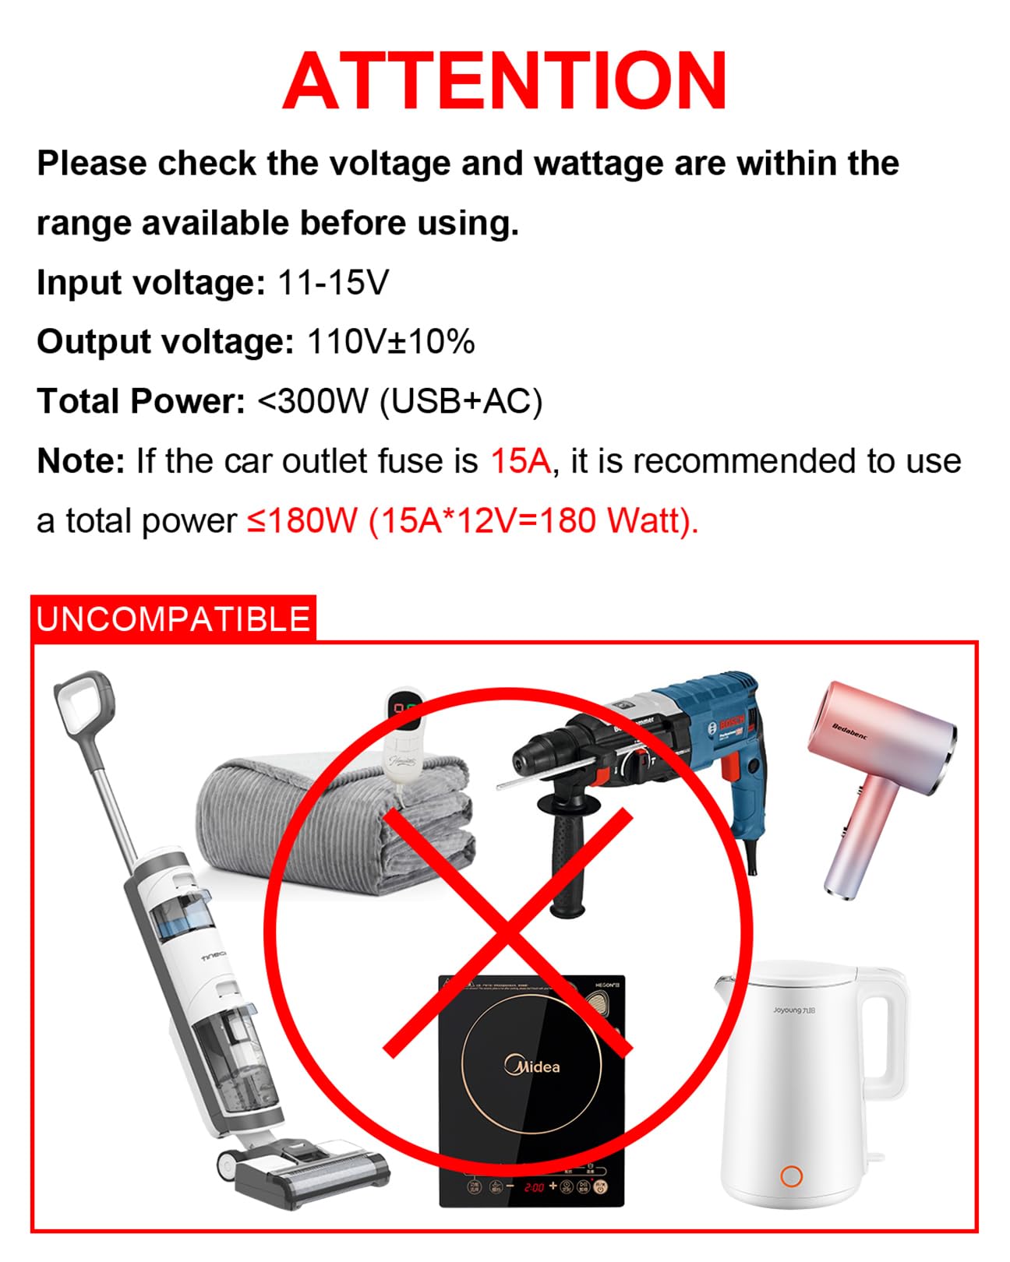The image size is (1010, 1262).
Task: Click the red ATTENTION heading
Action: tap(505, 81)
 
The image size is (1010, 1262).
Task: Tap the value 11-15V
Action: tap(333, 282)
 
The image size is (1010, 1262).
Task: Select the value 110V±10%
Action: tap(391, 342)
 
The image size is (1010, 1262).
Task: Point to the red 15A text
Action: tap(521, 461)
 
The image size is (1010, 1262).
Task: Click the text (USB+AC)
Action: tap(461, 402)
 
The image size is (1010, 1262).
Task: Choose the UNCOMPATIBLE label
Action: tap(173, 619)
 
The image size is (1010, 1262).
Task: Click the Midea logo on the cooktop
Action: tap(532, 1066)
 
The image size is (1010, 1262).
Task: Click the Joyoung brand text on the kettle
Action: tap(793, 1010)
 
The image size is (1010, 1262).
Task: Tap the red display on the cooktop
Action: tap(534, 1187)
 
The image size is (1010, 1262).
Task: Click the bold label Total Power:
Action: tap(141, 402)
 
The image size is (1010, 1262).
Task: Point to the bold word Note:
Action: tap(80, 461)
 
